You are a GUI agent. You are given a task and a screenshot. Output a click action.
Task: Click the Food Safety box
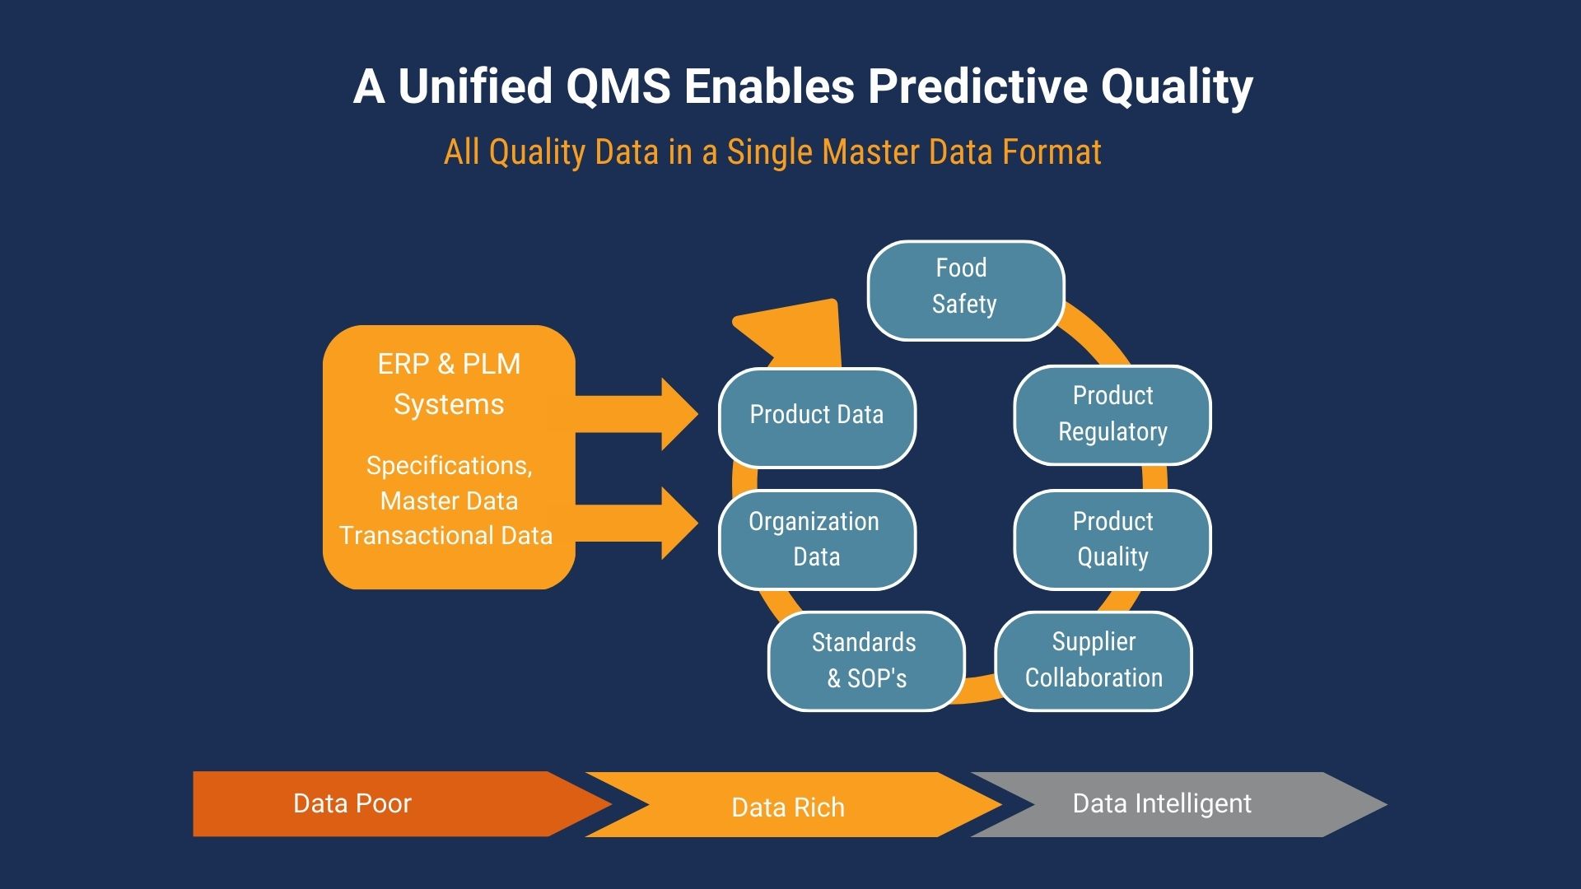point(965,290)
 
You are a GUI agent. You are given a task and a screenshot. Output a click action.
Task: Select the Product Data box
point(816,417)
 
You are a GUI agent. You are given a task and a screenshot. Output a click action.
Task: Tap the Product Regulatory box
point(1112,414)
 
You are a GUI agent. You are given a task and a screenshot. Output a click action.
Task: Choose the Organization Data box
point(816,539)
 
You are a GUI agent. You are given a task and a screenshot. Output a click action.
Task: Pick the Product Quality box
point(1112,539)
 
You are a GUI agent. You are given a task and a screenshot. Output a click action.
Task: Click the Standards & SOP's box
point(865,660)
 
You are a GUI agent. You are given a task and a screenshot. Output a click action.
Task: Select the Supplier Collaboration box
point(1093,660)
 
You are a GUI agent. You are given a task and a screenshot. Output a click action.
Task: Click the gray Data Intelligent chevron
point(1169,803)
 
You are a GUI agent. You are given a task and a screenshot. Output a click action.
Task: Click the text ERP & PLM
point(449,364)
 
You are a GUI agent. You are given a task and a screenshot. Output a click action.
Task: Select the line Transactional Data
point(445,536)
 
